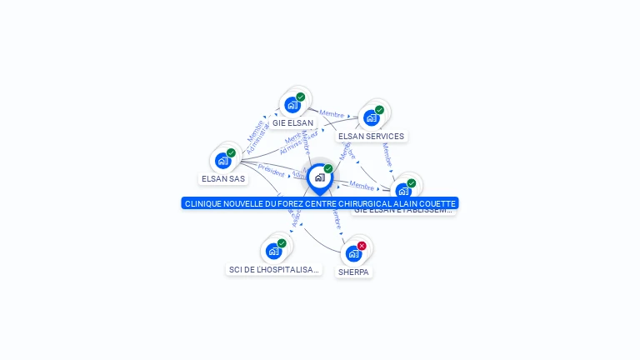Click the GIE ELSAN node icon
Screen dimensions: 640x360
(292, 105)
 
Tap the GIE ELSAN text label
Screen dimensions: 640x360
(292, 123)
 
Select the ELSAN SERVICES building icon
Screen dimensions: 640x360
(371, 117)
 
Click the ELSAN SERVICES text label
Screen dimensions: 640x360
(371, 137)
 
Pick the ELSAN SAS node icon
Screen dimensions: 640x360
(222, 161)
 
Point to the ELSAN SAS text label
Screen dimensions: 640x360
(223, 179)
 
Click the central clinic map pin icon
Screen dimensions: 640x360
(319, 177)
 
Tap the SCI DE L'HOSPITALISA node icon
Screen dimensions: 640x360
(273, 251)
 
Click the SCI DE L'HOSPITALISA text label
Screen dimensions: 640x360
(274, 270)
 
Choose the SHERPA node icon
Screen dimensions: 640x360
(353, 253)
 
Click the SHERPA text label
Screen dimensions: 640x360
(353, 272)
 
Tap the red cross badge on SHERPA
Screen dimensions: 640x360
(362, 246)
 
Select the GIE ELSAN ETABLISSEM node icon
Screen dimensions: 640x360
(403, 191)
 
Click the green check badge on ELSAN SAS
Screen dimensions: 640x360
(231, 152)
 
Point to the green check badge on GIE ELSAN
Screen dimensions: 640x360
(301, 97)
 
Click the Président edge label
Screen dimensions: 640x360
(271, 167)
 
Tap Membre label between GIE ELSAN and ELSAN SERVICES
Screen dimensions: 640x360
(332, 114)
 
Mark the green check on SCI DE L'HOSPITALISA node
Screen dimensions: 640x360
(282, 243)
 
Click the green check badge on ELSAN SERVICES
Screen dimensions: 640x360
(379, 110)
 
